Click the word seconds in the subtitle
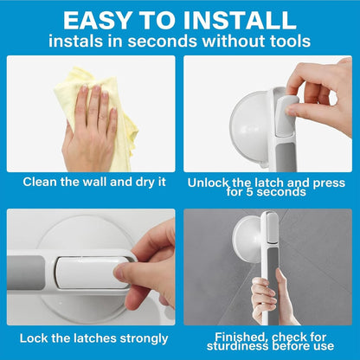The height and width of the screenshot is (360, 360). pos(163,41)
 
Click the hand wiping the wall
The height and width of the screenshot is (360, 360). pos(90,128)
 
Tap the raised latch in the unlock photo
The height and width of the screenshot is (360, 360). pos(286,115)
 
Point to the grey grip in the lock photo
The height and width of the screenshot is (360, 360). pos(26,273)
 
